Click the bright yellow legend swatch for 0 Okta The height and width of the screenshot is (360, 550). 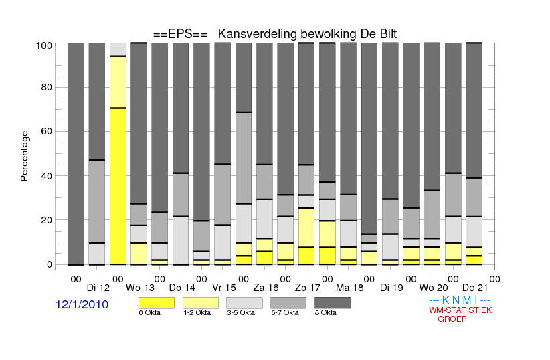point(157,303)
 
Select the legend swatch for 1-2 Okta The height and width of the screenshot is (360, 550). point(201,303)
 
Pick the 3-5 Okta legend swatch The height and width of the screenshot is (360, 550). point(244,303)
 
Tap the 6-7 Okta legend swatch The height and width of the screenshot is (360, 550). point(288,303)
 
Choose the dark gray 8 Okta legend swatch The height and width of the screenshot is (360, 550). point(333,303)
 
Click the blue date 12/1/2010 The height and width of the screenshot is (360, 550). point(82,304)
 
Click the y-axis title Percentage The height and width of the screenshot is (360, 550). point(24,156)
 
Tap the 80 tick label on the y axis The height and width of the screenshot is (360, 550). point(47,87)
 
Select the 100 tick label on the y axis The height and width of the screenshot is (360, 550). point(44,46)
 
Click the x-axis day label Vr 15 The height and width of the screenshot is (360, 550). point(224,288)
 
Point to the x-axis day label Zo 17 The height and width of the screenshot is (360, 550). point(308,288)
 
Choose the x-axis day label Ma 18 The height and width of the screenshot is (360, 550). point(350,288)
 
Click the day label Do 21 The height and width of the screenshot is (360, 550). point(475,288)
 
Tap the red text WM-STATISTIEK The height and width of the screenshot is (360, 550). point(460,310)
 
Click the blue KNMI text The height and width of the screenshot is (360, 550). point(460,300)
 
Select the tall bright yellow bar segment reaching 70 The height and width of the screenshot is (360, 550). point(118,186)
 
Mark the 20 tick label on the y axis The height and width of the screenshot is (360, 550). point(47,220)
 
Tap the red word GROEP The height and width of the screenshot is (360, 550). point(452,319)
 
